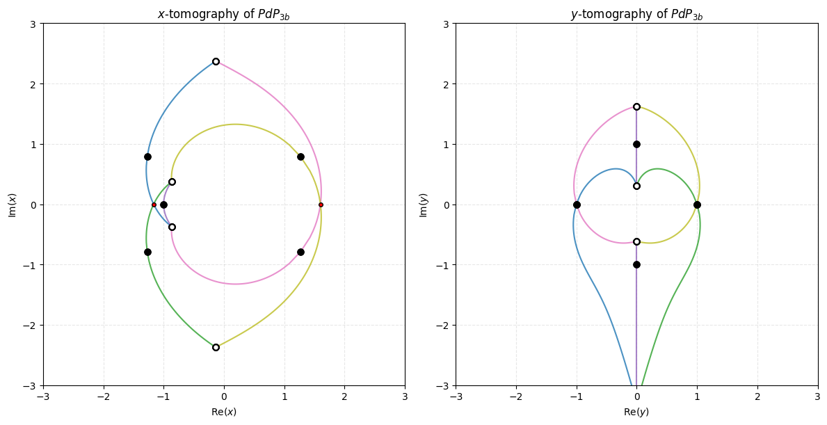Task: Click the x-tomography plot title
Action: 224,15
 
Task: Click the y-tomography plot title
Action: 636,15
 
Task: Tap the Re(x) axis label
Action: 224,412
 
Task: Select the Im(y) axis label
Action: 424,205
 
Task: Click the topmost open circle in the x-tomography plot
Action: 216,62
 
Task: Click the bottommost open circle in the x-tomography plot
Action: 216,347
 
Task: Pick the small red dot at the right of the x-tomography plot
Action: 321,205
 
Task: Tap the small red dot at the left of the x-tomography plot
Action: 154,205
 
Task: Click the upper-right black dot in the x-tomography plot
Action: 300,157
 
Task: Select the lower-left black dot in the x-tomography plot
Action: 147,252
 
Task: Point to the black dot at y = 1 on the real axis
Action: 697,205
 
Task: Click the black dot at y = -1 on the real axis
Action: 577,205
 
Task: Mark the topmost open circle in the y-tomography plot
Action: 636,106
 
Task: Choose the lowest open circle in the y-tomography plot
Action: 636,241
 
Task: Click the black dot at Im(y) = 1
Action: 636,144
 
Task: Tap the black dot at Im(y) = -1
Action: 636,264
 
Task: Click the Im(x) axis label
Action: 12,205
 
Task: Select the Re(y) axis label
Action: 636,412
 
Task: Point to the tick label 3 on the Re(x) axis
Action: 405,396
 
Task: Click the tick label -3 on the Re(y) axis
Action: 456,396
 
